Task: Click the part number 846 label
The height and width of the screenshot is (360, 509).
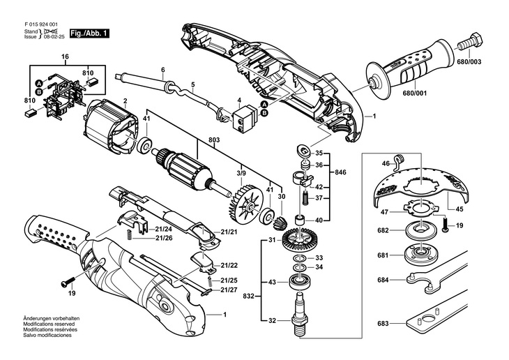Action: [x=340, y=172]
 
